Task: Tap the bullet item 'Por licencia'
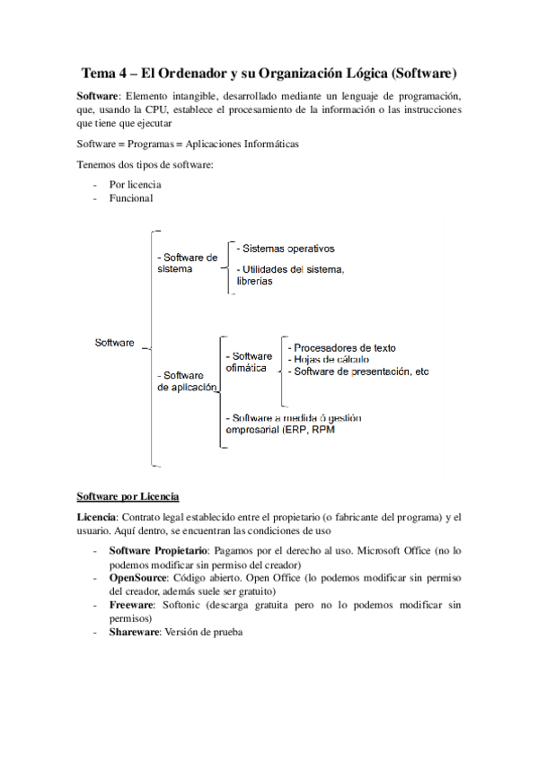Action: pyautogui.click(x=135, y=185)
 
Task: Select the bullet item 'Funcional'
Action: pyautogui.click(x=131, y=198)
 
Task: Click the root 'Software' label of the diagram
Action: pyautogui.click(x=114, y=342)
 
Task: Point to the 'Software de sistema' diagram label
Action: pyautogui.click(x=187, y=263)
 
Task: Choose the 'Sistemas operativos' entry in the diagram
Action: pyautogui.click(x=286, y=249)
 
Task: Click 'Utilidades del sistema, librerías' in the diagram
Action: pyautogui.click(x=290, y=275)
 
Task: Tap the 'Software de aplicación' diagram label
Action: pyautogui.click(x=187, y=381)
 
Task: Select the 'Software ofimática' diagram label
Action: pyautogui.click(x=249, y=362)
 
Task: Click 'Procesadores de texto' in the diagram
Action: pyautogui.click(x=341, y=347)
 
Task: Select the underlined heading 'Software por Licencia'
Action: pyautogui.click(x=128, y=496)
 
